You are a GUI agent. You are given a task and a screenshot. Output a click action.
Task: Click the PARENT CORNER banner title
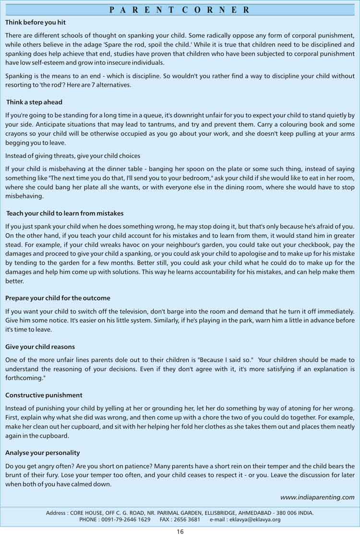[180, 10]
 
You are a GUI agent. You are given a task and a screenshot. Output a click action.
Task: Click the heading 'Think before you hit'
[36, 22]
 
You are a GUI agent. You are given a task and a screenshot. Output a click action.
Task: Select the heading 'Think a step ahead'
[34, 102]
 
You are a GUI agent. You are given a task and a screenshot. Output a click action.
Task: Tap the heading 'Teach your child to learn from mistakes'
[65, 213]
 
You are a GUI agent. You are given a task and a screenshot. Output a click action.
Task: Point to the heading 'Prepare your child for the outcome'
[58, 298]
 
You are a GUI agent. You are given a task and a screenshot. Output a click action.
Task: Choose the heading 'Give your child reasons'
[40, 347]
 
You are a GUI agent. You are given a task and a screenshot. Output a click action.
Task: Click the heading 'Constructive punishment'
[44, 395]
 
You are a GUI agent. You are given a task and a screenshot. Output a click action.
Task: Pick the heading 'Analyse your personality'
[42, 453]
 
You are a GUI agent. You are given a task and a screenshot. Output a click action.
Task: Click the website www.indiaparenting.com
[317, 497]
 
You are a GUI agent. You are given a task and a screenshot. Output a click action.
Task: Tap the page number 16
[180, 531]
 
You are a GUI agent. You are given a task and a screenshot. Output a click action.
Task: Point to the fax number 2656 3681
[187, 519]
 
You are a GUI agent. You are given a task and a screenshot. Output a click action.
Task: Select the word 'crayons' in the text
[16, 134]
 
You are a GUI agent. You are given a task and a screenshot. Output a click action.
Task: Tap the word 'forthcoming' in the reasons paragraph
[24, 378]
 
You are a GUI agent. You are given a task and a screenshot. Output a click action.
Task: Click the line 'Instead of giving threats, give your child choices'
[72, 156]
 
